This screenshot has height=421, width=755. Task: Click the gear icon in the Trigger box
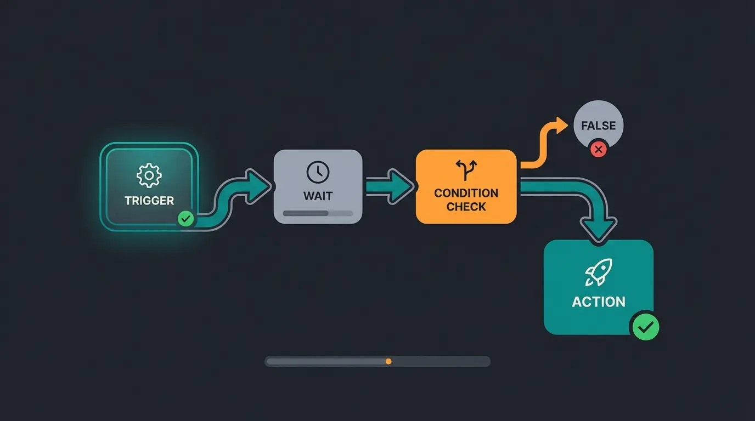coord(149,175)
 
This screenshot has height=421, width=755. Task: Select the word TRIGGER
coord(149,201)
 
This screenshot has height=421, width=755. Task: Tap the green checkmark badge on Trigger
coord(186,219)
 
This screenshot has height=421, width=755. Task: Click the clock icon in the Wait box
coord(318,172)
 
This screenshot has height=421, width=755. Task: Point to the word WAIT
coord(318,196)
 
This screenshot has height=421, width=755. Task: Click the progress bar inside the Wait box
coord(318,213)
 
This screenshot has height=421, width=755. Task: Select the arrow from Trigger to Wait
coord(241,192)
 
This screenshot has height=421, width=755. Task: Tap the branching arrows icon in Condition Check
coord(466,170)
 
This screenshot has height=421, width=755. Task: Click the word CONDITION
coord(466,193)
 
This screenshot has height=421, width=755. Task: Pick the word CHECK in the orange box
coord(466,207)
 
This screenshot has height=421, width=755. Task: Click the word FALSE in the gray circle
coord(598,126)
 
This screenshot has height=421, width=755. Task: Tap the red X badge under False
coord(598,149)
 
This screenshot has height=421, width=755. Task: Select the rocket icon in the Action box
coord(598,272)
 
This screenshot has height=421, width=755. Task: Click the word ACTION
coord(598,302)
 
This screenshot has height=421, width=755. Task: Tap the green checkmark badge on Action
coord(645,327)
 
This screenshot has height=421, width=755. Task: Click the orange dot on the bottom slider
coord(388,361)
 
